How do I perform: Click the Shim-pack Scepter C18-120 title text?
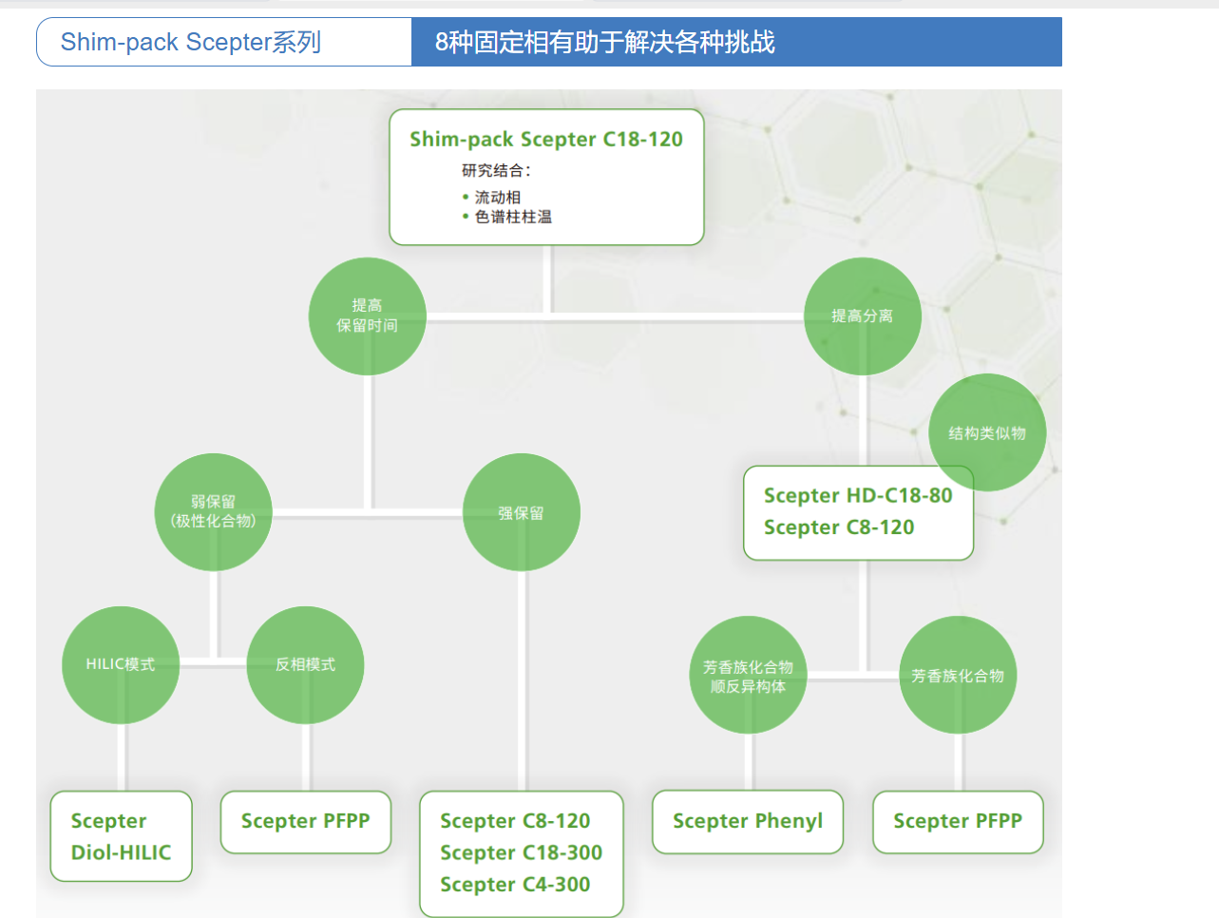(545, 140)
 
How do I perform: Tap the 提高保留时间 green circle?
(368, 316)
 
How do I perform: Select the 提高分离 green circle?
(862, 316)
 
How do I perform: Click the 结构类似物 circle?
(987, 432)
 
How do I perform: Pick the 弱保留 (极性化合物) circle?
(214, 512)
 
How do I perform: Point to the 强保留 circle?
(522, 513)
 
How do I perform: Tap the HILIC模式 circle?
(121, 665)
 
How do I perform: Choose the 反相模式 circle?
(305, 665)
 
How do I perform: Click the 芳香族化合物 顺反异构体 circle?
(748, 676)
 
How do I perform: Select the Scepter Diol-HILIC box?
(121, 836)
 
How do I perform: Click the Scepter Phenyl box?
(748, 822)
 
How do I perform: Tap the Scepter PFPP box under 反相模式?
(305, 822)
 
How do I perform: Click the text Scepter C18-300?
(521, 853)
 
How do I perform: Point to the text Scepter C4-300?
(515, 885)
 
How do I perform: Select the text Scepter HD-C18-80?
(857, 496)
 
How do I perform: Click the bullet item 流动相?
(498, 198)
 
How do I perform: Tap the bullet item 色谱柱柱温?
(513, 218)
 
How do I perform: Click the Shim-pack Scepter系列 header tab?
(191, 43)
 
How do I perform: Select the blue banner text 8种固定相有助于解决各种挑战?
(605, 43)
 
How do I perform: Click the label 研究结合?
(495, 171)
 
